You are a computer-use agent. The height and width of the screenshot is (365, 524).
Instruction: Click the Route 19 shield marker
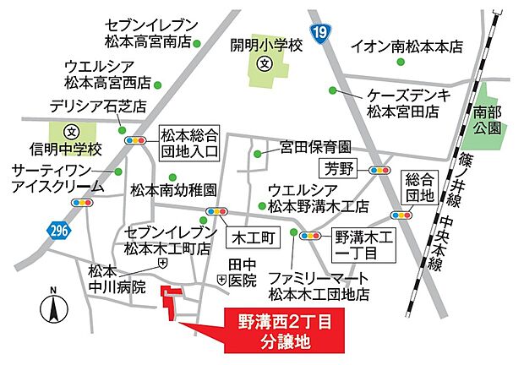[341, 32]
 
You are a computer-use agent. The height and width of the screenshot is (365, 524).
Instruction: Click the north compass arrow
[53, 305]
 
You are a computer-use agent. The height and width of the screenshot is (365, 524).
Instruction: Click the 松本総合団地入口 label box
[189, 143]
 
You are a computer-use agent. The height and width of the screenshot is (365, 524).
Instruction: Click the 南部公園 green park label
[488, 119]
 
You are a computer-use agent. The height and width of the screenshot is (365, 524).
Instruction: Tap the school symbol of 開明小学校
[264, 64]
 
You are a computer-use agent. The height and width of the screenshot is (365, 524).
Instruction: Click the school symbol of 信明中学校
[71, 133]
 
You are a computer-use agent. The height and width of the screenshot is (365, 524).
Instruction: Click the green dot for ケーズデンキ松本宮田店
[333, 90]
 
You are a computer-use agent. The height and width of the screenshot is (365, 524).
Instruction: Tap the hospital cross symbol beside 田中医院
[221, 278]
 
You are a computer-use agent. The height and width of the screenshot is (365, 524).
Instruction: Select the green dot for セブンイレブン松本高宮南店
[197, 42]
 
